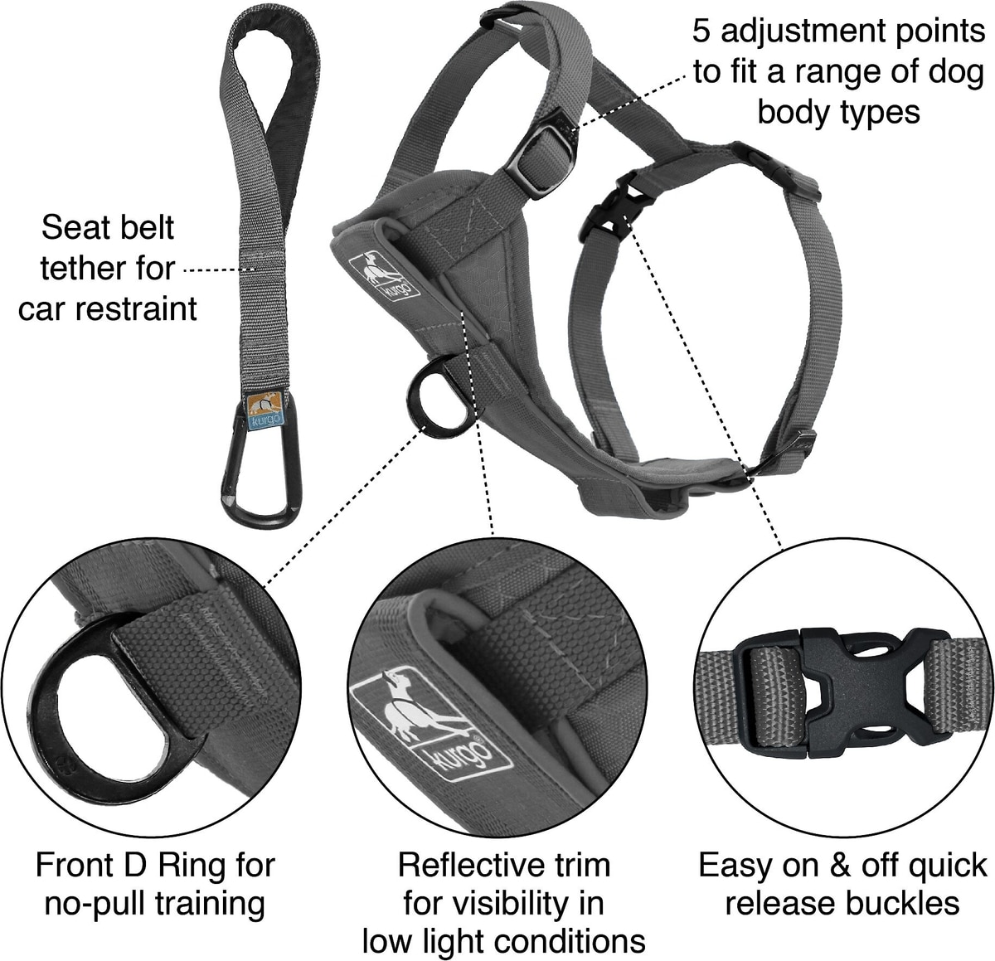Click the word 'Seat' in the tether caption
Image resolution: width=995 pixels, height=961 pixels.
tap(73, 227)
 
